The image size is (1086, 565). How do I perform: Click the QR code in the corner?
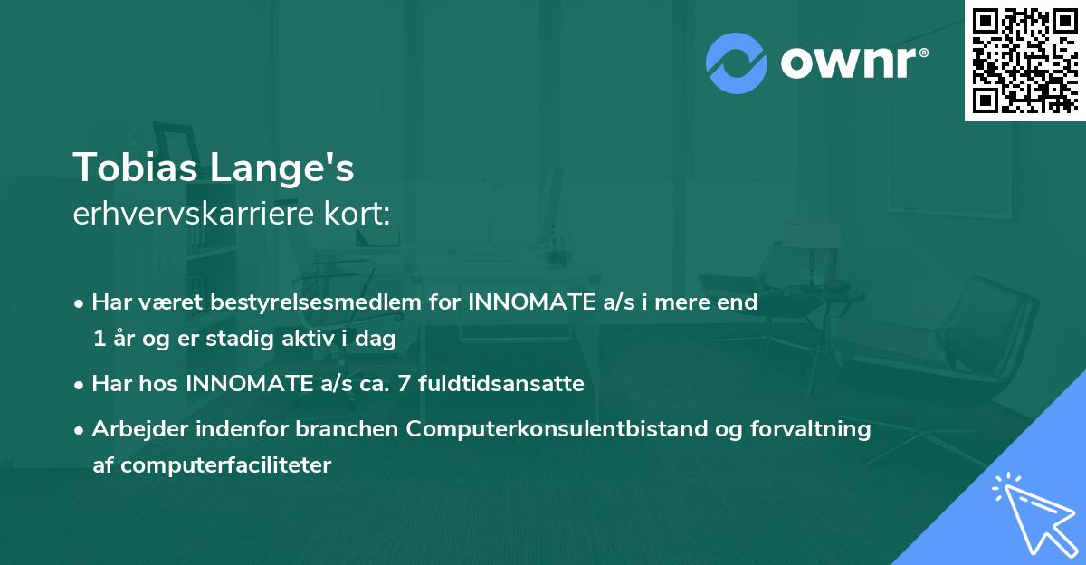1025,60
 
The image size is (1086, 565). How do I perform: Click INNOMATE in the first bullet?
527,302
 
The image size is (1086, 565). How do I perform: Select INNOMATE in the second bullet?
244,384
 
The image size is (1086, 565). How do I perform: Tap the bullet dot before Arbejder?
80,430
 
